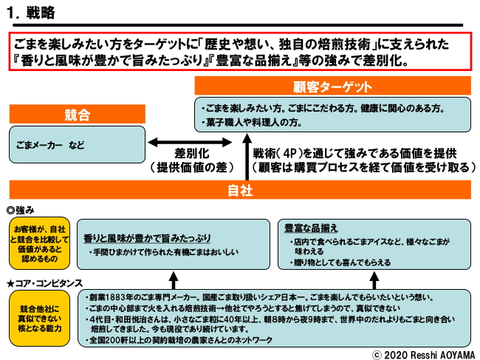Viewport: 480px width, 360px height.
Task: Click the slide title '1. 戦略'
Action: click(x=34, y=14)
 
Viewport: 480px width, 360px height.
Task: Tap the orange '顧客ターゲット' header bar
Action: click(x=333, y=85)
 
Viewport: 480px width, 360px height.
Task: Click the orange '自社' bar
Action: click(x=240, y=190)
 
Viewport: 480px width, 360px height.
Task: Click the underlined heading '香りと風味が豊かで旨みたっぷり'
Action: click(x=146, y=237)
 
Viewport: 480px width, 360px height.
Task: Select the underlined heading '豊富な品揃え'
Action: click(x=310, y=227)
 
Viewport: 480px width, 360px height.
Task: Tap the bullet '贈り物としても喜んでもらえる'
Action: click(x=343, y=262)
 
